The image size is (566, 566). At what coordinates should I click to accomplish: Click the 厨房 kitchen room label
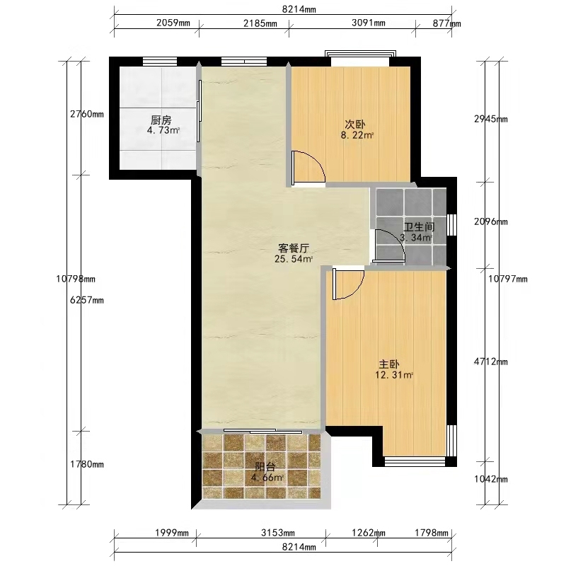coord(161,120)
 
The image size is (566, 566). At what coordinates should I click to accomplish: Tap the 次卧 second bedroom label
coord(355,125)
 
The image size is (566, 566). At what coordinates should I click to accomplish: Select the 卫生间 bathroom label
coord(419,227)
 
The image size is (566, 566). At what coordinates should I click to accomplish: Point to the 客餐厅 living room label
coord(294,248)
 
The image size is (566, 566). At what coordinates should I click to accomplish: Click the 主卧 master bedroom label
coord(388,364)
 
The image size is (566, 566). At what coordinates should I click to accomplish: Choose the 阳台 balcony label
coord(265,467)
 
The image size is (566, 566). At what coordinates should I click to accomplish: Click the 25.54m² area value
coord(294,259)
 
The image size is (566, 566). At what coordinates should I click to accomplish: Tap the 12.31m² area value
coord(394,375)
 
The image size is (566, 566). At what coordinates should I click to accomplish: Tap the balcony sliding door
coord(262,431)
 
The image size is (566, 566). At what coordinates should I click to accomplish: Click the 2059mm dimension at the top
coord(173,23)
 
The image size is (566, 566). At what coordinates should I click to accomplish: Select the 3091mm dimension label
coord(368,23)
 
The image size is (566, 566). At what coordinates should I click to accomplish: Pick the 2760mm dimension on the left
coord(86,114)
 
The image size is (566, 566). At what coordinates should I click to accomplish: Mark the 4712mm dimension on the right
coord(490,362)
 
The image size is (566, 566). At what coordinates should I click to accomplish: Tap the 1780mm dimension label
coord(86,464)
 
